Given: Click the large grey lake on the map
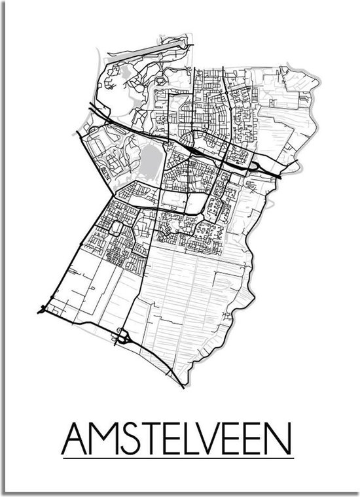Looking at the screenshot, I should [x=151, y=160].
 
